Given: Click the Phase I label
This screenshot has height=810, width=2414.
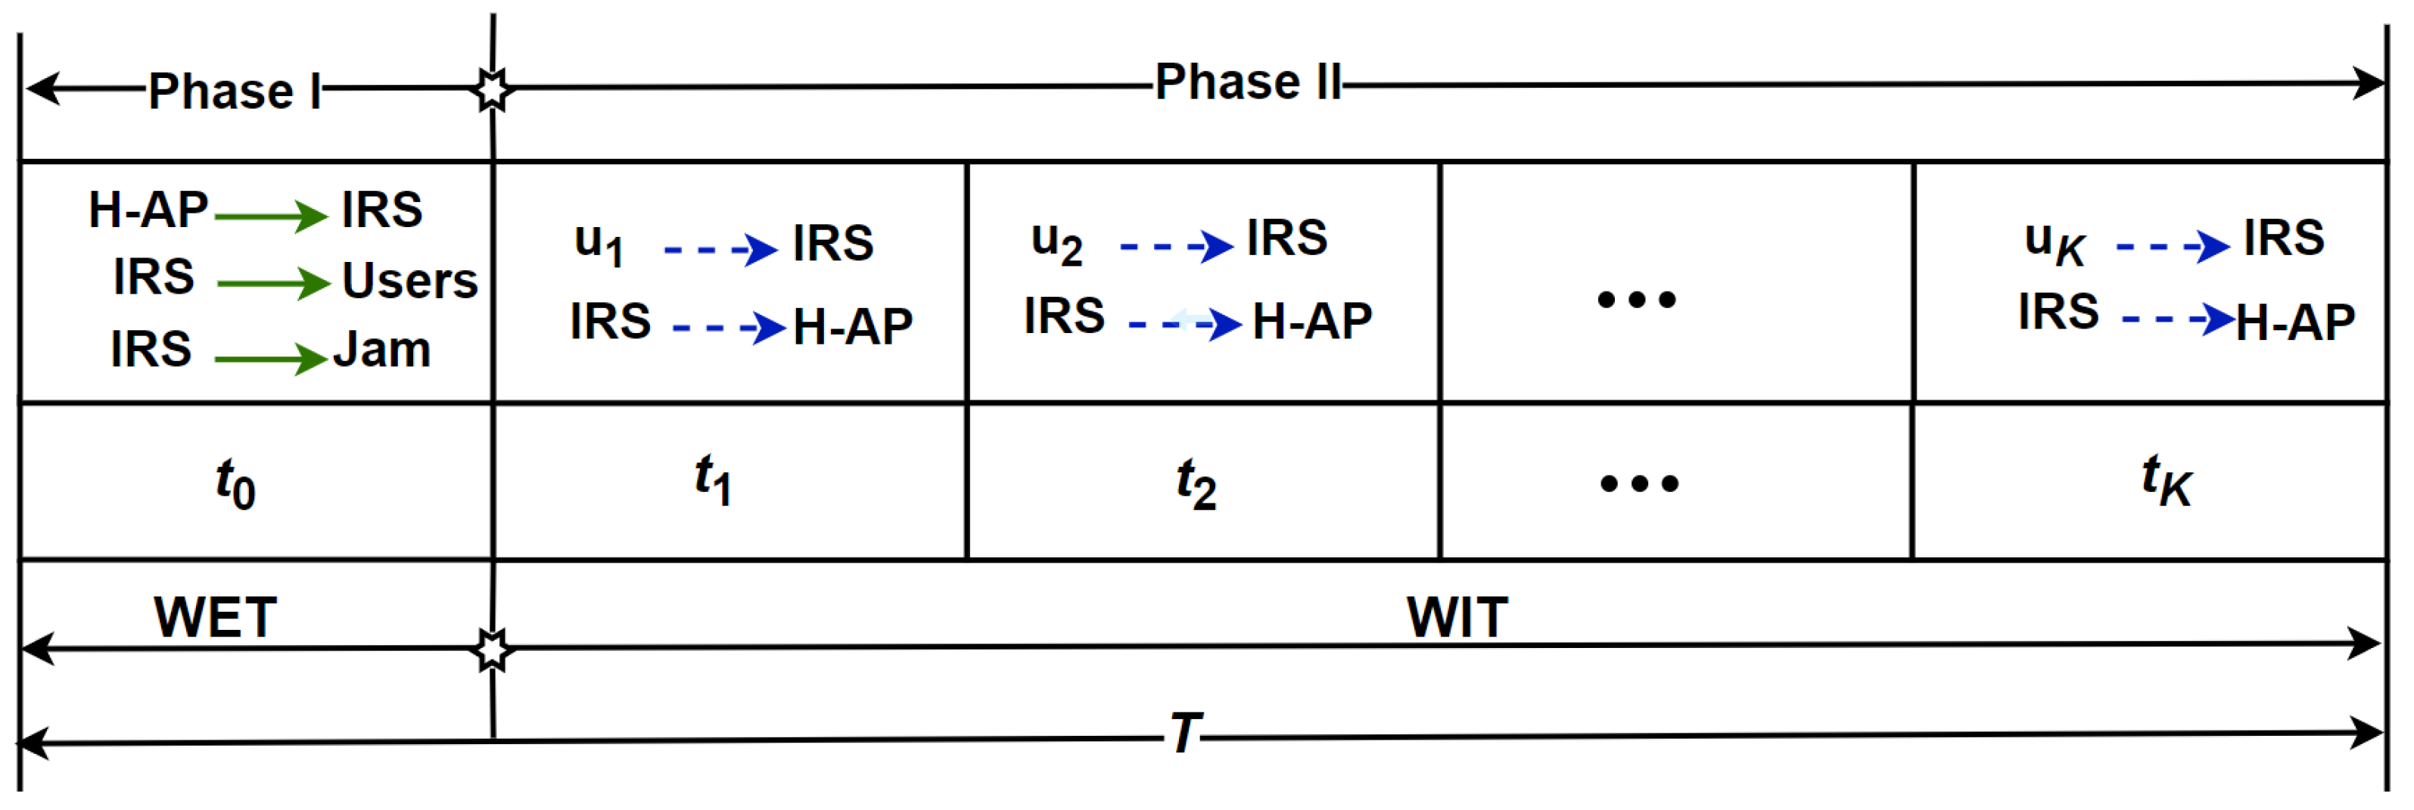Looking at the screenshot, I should [235, 92].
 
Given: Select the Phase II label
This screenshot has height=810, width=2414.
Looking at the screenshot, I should [1247, 83].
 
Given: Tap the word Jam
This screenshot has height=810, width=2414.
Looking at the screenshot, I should [382, 350].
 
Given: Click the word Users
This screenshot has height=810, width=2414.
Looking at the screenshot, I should [409, 280].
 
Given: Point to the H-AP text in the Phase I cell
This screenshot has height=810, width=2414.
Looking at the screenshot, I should [148, 210].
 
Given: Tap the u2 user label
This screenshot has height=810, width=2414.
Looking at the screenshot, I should [1056, 242].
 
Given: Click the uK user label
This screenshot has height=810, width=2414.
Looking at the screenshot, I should [2054, 242].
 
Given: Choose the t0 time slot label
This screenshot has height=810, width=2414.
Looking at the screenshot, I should [235, 484].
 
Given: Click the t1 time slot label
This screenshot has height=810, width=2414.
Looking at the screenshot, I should [712, 479].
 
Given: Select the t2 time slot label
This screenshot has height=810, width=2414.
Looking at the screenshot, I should [1196, 484].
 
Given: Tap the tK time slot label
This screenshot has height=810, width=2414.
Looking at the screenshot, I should [2166, 480].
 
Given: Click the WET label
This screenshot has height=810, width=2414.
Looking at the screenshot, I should [216, 617].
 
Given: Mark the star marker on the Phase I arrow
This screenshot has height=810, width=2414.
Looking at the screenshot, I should [492, 89].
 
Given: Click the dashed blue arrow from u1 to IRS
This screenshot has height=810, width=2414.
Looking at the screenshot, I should [720, 249].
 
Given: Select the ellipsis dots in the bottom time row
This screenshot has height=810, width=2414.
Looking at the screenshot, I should [1639, 484].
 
